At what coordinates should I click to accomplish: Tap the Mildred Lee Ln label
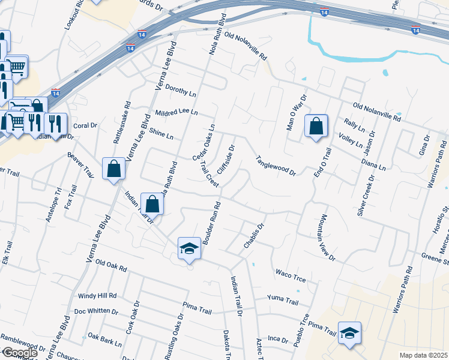click(x=176, y=112)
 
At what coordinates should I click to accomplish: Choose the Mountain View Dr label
click(x=324, y=237)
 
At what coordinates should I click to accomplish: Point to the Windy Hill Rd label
click(x=97, y=296)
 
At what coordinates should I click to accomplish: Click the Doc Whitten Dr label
click(x=96, y=311)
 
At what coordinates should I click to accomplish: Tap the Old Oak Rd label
click(x=112, y=266)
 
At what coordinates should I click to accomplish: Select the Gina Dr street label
click(x=425, y=146)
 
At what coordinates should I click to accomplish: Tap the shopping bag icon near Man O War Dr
click(x=316, y=127)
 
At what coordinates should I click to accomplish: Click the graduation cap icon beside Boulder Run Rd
click(x=189, y=248)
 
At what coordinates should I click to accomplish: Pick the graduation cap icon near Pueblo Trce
click(x=349, y=332)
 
